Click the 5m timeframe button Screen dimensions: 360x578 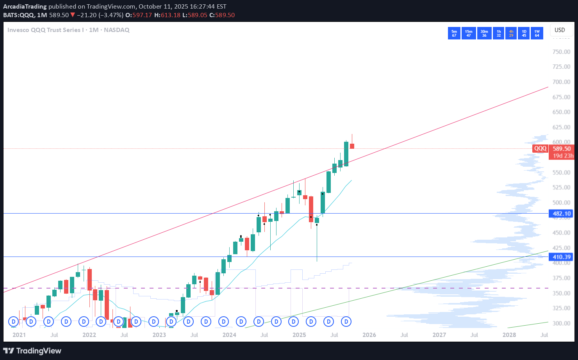[x=454, y=33]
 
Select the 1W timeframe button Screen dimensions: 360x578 [x=537, y=33]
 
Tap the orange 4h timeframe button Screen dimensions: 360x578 [x=511, y=33]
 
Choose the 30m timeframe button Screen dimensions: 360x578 [x=484, y=33]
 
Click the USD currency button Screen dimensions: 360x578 [x=560, y=30]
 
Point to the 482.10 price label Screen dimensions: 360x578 [x=562, y=214]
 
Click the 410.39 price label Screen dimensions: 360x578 [x=562, y=257]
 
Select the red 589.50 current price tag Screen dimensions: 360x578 [x=562, y=148]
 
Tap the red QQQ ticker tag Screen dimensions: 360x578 [x=541, y=148]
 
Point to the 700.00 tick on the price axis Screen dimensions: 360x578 [x=561, y=82]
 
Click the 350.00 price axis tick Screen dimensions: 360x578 [x=561, y=293]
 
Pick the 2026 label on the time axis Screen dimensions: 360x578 [x=369, y=335]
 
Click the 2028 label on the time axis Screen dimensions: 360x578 [x=509, y=335]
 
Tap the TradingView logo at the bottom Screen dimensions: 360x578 [x=32, y=351]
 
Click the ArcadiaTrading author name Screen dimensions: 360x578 [x=25, y=7]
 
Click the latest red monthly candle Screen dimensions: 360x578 [x=352, y=146]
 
